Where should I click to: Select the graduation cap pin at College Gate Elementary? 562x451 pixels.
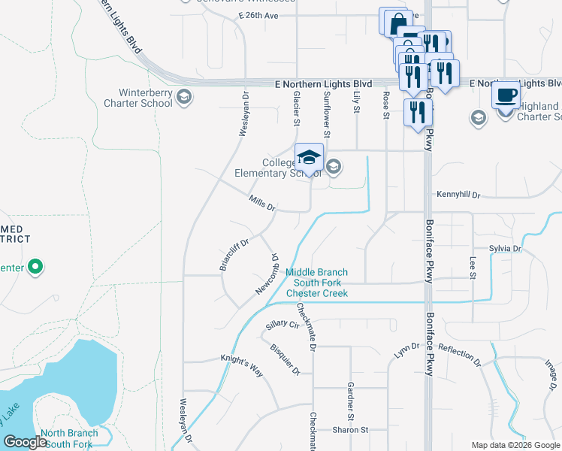pyautogui.click(x=309, y=158)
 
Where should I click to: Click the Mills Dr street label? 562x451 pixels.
pyautogui.click(x=262, y=202)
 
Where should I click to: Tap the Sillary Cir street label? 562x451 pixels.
pyautogui.click(x=283, y=325)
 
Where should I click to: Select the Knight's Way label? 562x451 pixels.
pyautogui.click(x=240, y=364)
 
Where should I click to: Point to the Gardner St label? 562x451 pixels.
pyautogui.click(x=350, y=401)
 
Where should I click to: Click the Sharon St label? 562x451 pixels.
pyautogui.click(x=350, y=430)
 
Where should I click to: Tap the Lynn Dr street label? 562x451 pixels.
pyautogui.click(x=406, y=350)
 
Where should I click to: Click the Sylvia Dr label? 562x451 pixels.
pyautogui.click(x=504, y=248)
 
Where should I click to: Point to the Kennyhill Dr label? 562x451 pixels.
pyautogui.click(x=458, y=195)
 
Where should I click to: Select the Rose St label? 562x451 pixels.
pyautogui.click(x=386, y=105)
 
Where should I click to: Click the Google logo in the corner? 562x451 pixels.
pyautogui.click(x=26, y=443)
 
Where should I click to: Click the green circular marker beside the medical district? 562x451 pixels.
pyautogui.click(x=35, y=266)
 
